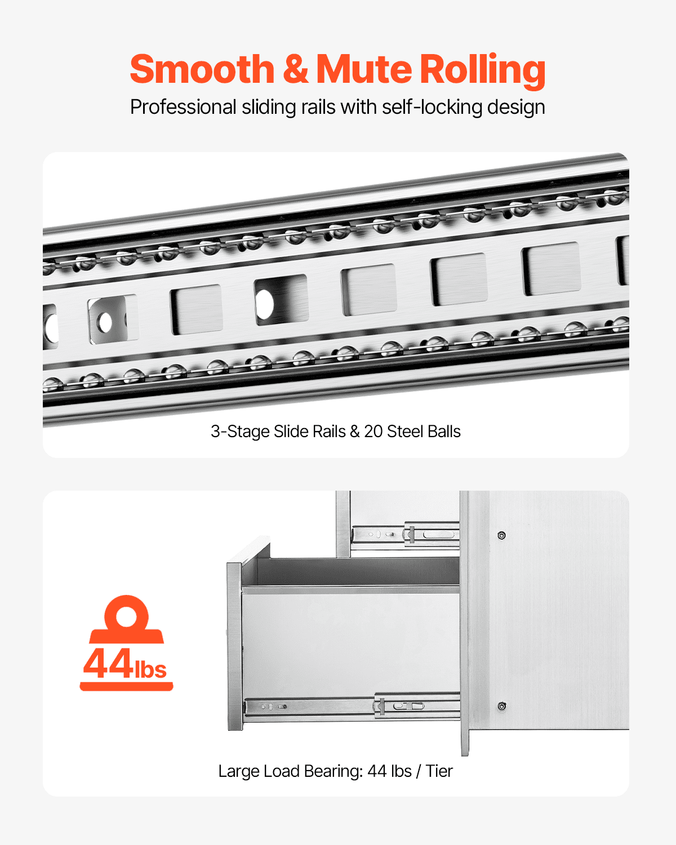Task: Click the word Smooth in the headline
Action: click(202, 69)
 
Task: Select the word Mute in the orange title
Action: click(364, 69)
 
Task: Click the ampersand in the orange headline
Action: click(295, 69)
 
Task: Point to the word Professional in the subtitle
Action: click(183, 107)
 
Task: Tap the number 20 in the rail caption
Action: click(373, 432)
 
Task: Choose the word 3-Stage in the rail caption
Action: click(240, 432)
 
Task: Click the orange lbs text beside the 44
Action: click(150, 669)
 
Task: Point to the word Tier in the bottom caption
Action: click(439, 771)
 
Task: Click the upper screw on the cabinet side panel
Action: click(502, 535)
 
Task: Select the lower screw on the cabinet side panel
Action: click(502, 706)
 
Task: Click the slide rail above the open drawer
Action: click(406, 534)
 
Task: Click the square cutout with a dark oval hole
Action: click(281, 300)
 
